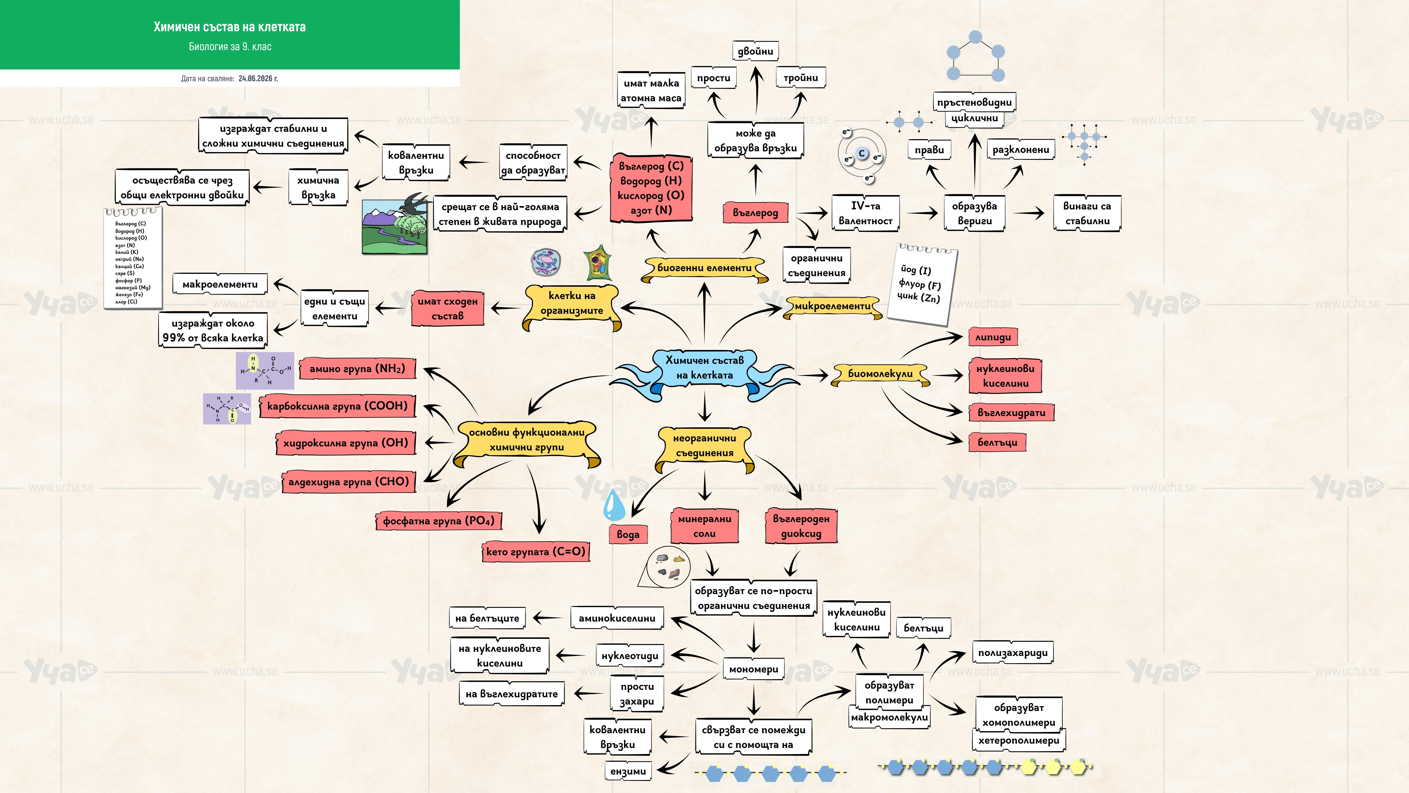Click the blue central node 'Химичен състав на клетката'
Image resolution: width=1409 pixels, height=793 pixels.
tap(704, 368)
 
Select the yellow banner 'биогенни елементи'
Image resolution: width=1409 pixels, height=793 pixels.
tap(704, 268)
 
